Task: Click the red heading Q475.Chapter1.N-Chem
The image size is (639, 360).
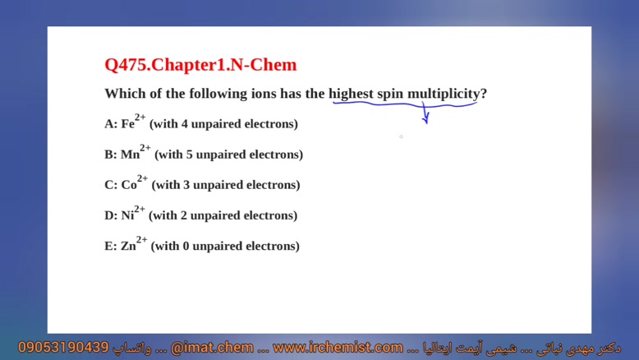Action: [x=200, y=65]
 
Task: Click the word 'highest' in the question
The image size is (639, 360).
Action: [x=351, y=94]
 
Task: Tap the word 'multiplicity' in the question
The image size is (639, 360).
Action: [x=444, y=94]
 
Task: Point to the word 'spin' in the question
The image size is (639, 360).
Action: [x=390, y=95]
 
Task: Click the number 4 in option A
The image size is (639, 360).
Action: [x=184, y=124]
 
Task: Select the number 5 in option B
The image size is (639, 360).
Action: [x=189, y=155]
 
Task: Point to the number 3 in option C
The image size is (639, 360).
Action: [x=186, y=185]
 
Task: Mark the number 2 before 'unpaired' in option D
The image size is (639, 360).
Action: [x=183, y=215]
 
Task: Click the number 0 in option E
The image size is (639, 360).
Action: [x=186, y=247]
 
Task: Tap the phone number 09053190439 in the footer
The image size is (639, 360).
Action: [x=63, y=348]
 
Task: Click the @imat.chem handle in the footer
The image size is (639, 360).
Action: [x=212, y=348]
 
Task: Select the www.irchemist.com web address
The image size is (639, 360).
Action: [x=338, y=348]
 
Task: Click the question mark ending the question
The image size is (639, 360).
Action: [x=484, y=94]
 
